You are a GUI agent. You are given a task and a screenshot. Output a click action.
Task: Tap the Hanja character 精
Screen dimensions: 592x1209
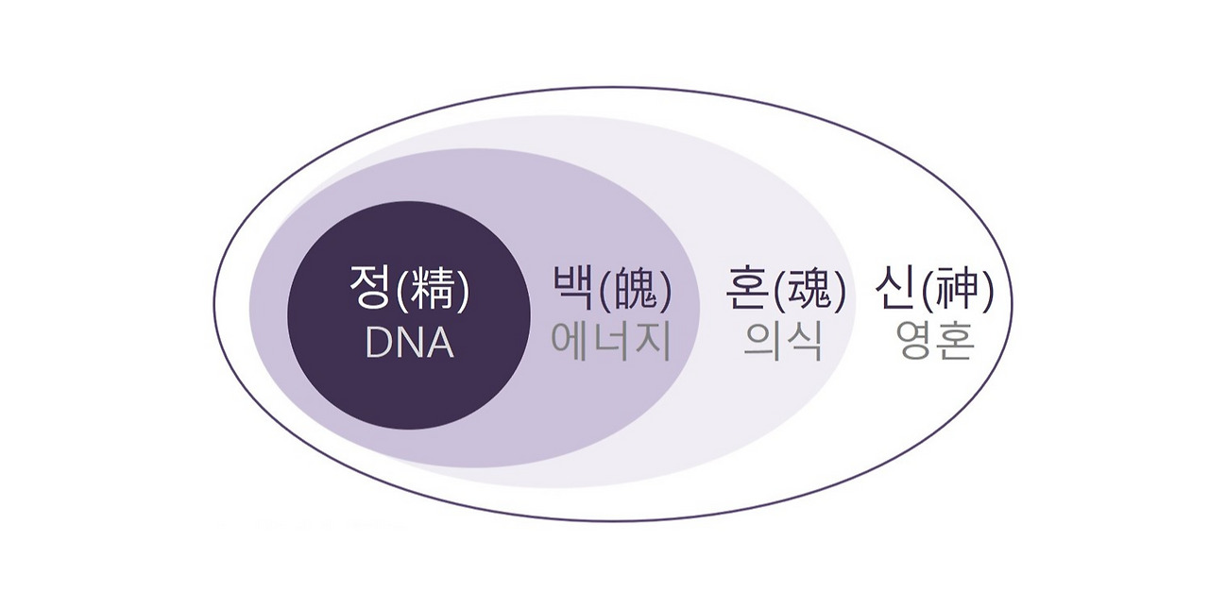433,290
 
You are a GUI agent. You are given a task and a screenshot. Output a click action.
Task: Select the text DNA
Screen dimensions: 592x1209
409,343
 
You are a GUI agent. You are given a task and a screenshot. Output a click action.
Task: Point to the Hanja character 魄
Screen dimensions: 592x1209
636,290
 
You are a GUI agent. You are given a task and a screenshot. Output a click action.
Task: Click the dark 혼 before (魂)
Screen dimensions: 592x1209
747,288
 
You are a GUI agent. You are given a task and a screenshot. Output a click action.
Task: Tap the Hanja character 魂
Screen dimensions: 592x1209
809,290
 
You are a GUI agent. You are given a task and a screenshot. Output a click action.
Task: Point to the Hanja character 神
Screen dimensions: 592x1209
957,290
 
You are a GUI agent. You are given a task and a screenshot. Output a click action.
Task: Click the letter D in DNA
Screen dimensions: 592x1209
378,344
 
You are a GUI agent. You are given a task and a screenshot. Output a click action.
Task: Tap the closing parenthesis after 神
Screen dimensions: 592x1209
987,291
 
